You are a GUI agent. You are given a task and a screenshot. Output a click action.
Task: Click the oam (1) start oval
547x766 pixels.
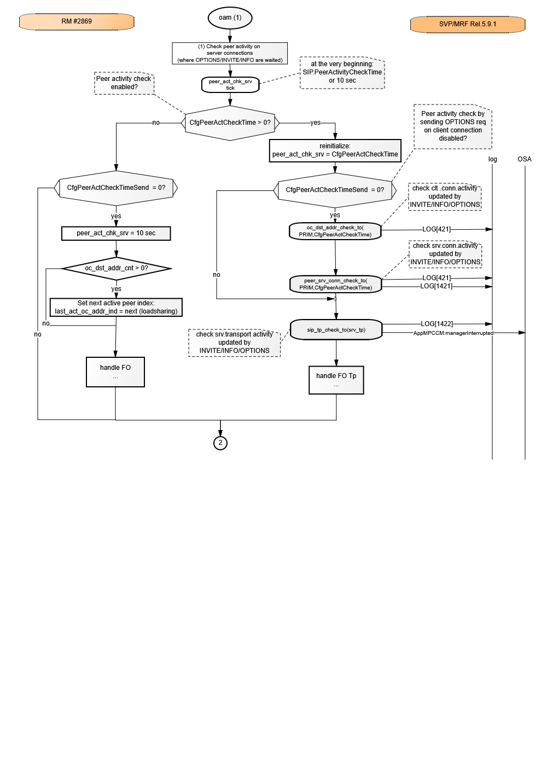(230, 18)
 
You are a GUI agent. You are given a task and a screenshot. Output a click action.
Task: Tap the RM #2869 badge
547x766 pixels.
(77, 21)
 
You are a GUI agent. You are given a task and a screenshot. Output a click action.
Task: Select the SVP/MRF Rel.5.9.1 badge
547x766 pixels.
(467, 24)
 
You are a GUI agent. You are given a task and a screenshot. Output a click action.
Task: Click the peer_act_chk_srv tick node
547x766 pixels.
(230, 85)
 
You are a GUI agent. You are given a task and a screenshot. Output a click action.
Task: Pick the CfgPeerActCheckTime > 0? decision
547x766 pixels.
(230, 123)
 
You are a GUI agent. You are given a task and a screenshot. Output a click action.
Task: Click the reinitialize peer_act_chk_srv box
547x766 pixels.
(335, 150)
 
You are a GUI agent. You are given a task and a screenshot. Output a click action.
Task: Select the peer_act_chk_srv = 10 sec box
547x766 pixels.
(116, 233)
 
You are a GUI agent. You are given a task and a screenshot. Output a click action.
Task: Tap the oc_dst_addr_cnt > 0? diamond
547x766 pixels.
(116, 269)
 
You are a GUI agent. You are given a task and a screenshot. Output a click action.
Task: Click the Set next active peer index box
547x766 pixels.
(116, 307)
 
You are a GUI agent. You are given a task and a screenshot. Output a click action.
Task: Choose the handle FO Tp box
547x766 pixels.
(336, 380)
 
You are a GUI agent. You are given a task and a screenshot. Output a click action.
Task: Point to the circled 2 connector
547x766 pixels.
(220, 443)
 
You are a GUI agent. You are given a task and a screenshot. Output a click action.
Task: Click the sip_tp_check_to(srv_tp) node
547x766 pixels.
(336, 329)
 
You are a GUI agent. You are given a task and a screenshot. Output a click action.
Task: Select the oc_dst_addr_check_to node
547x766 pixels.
(335, 231)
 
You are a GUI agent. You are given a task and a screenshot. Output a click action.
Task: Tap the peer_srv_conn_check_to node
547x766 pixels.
(336, 284)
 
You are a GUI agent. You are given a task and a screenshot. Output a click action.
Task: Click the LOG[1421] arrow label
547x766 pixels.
(436, 286)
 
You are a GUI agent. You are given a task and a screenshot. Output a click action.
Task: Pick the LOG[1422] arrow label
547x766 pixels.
(437, 324)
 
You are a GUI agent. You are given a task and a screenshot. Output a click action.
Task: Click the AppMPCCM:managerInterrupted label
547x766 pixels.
(453, 333)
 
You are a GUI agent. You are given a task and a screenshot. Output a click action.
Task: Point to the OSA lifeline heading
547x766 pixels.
(524, 159)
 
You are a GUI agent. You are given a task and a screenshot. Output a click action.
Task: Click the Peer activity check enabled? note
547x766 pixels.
(124, 83)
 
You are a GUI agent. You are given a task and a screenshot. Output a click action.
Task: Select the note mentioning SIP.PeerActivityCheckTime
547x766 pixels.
(342, 72)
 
